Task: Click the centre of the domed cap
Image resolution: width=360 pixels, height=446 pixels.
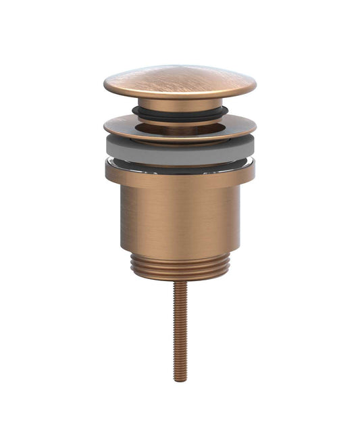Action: click(x=180, y=80)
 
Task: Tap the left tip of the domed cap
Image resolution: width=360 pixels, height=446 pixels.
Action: click(x=105, y=86)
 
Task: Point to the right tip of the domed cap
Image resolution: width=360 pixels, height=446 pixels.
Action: click(x=255, y=86)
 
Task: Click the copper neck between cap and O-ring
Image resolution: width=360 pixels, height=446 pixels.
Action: click(x=180, y=103)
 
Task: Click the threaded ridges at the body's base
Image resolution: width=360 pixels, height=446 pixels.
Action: click(x=180, y=266)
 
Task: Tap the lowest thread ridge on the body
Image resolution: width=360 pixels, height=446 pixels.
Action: click(x=180, y=277)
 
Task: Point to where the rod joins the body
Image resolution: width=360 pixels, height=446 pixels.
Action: click(x=180, y=282)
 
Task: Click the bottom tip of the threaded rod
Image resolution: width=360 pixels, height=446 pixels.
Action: click(x=180, y=380)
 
